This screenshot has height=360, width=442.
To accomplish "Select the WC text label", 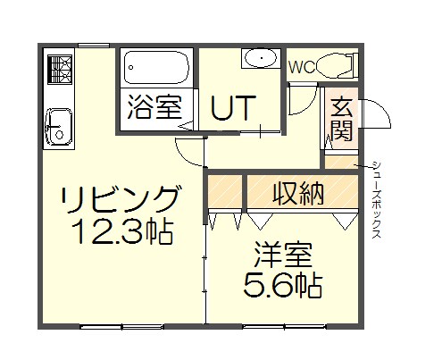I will (x=301, y=65).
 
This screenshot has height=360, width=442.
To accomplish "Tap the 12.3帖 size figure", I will (x=123, y=233).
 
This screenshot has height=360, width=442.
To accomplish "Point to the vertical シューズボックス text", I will (x=377, y=199).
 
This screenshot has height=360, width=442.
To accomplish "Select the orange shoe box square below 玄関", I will (x=339, y=163).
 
